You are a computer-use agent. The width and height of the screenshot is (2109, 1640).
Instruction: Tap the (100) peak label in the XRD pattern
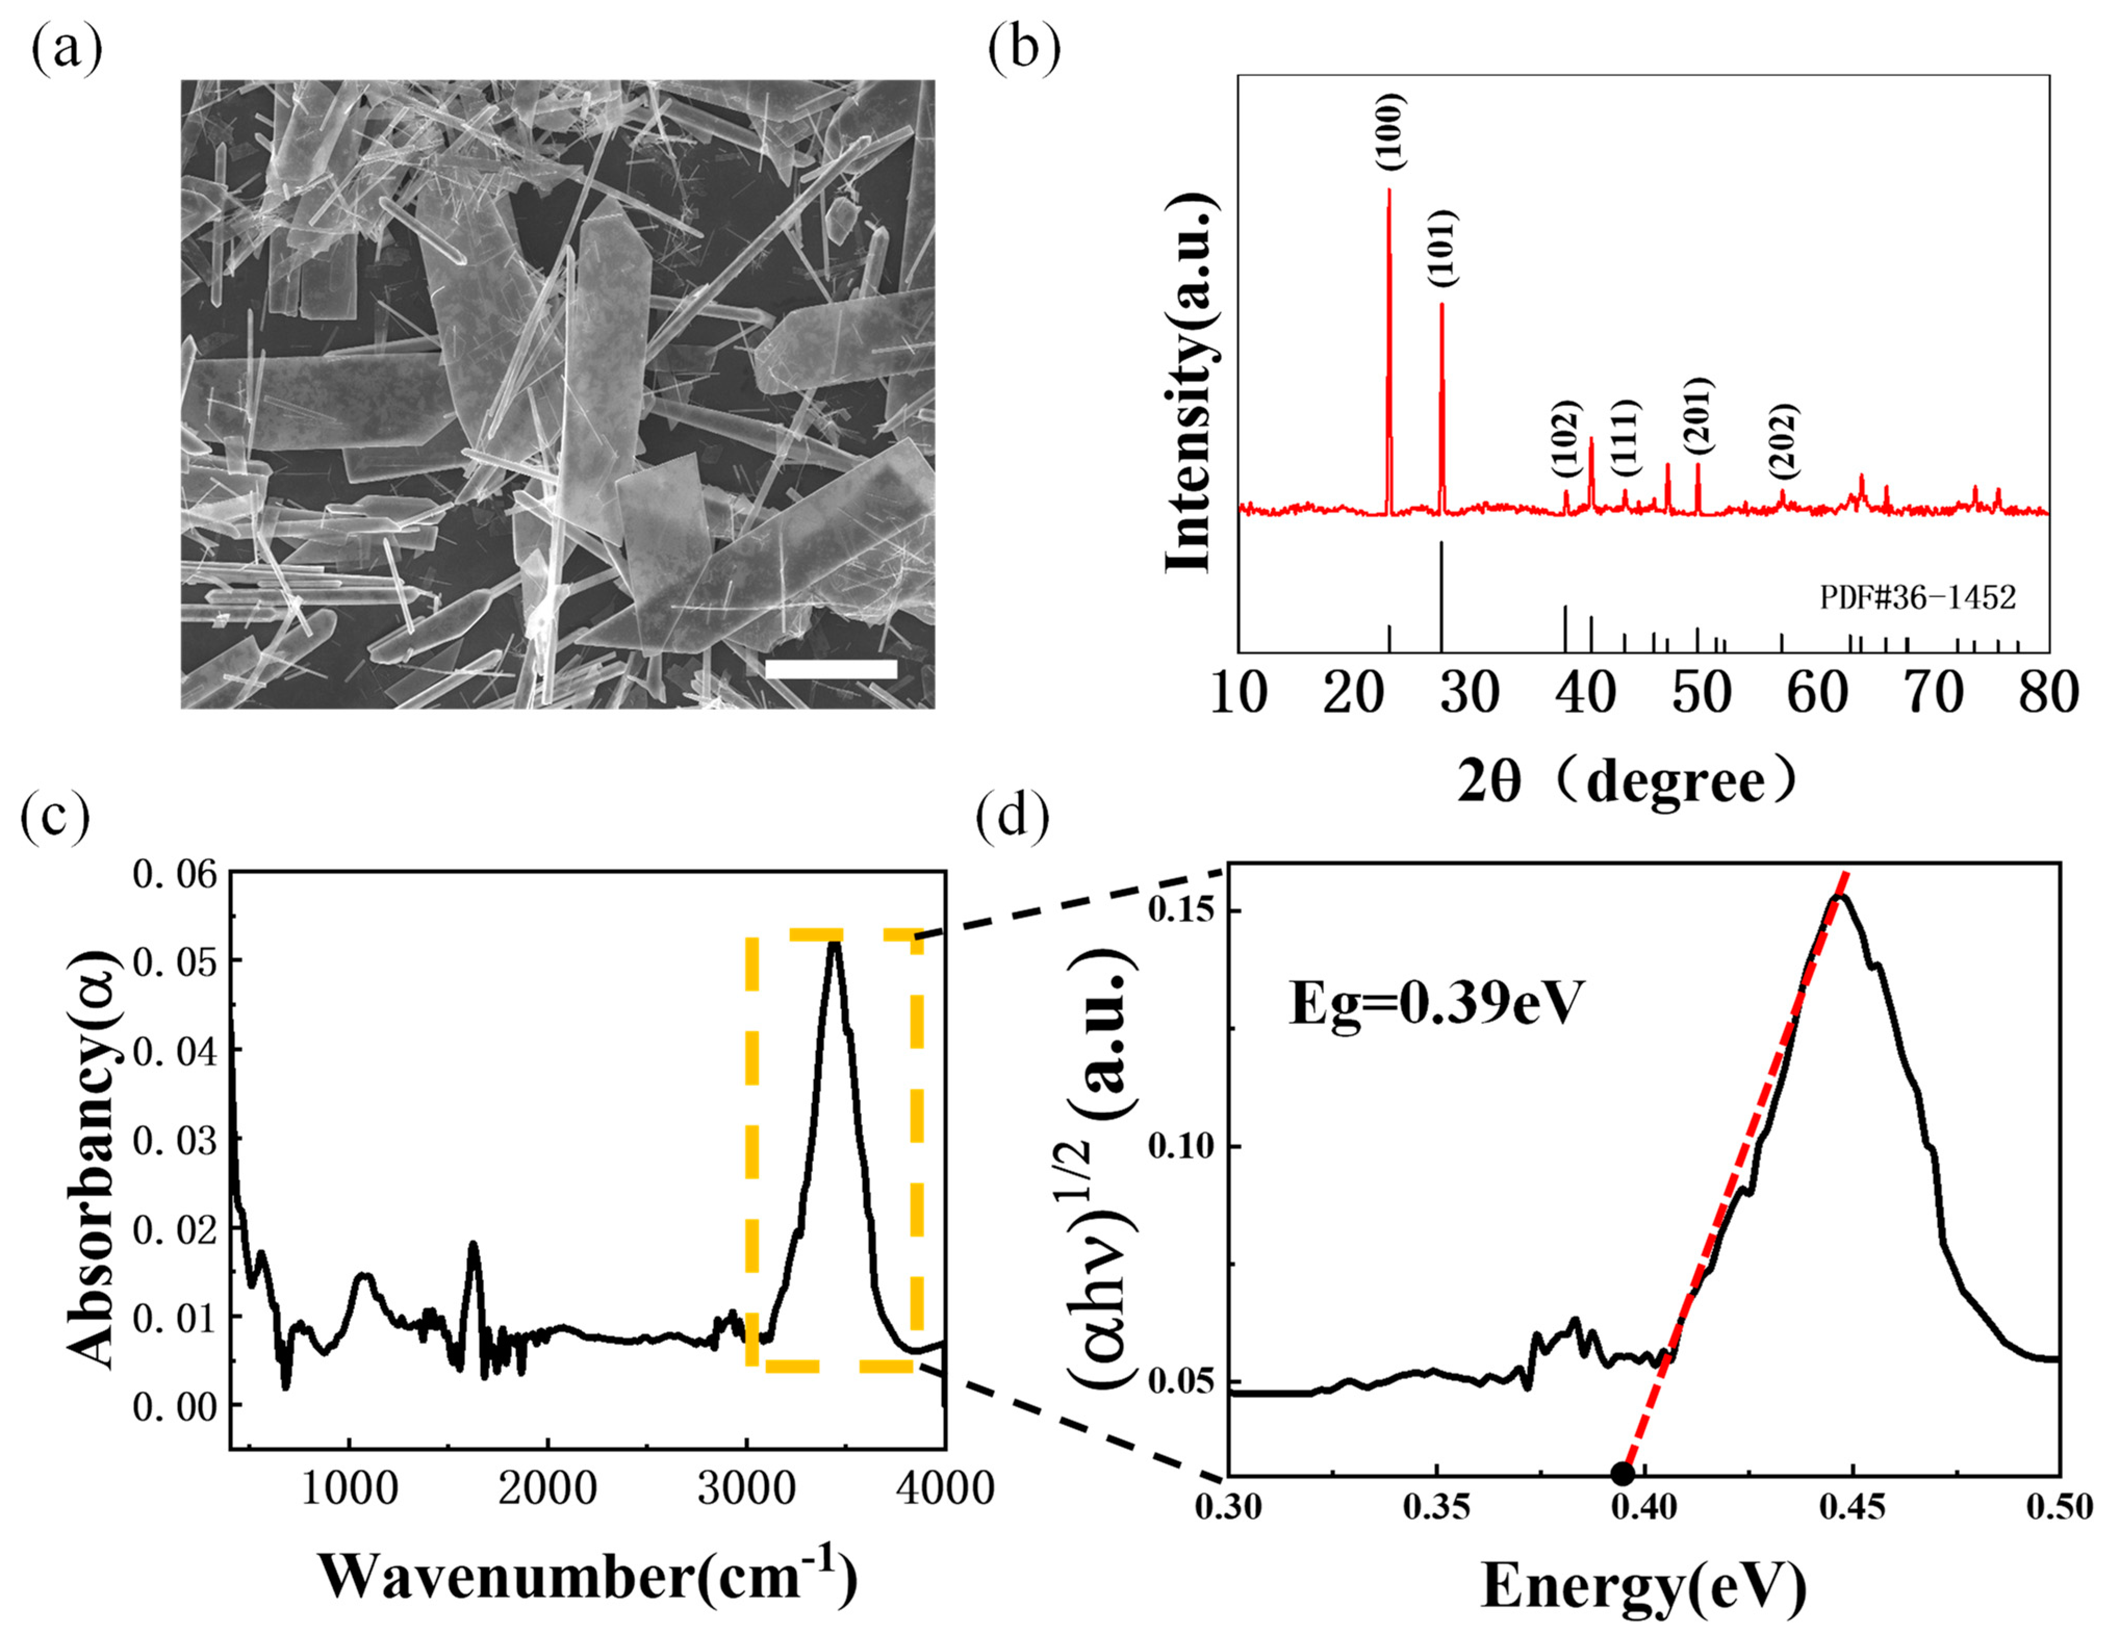(1390, 132)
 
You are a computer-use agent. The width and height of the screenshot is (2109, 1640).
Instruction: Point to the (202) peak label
(1783, 441)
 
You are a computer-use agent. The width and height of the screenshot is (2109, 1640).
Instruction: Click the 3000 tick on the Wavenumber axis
(746, 1489)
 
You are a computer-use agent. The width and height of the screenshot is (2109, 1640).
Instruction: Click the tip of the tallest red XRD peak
(1389, 189)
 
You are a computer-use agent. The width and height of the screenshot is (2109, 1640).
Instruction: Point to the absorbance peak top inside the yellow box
(834, 943)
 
